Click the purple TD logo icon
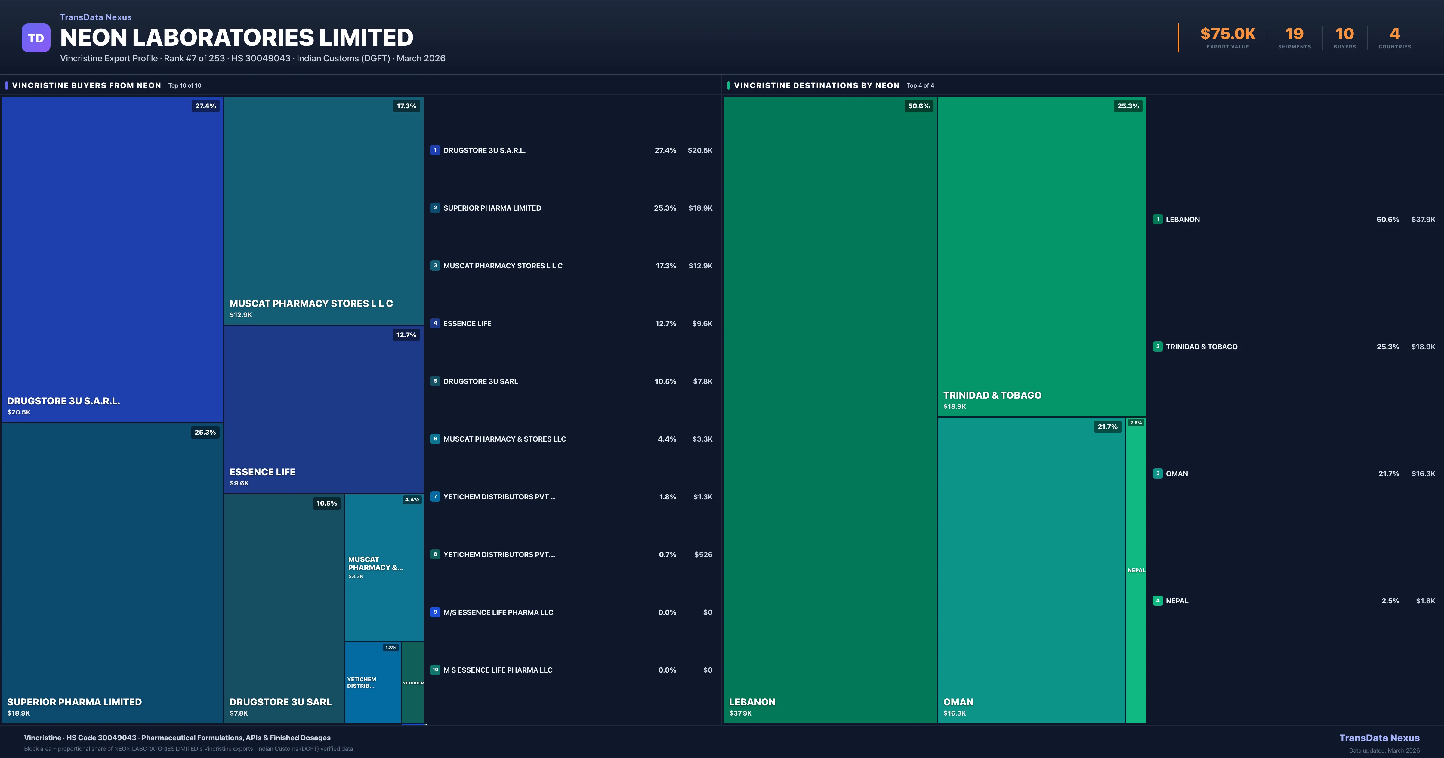coord(36,38)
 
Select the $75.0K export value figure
coord(1228,34)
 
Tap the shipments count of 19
coord(1294,34)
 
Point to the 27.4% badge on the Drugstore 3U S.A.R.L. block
coord(205,106)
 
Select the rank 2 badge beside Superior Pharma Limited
coord(435,208)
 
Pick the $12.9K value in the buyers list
coord(700,266)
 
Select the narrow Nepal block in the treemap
coord(1136,570)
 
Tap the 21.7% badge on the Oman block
coord(1107,427)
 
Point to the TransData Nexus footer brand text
coord(1379,738)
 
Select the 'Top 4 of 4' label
coord(920,86)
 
